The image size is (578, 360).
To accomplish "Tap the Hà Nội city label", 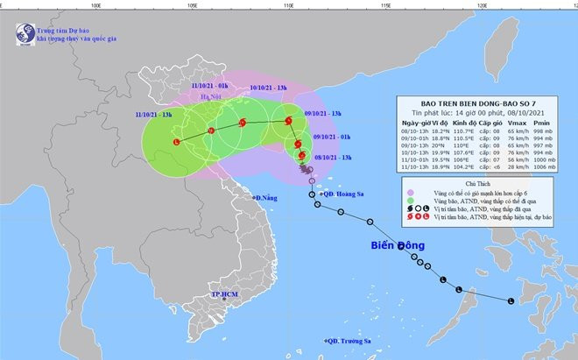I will [210, 98].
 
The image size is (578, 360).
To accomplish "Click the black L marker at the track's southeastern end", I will [511, 300].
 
